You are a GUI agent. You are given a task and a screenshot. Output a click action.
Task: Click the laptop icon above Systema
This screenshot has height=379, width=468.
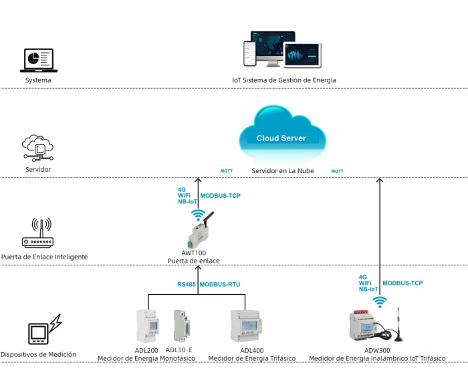pyautogui.click(x=39, y=60)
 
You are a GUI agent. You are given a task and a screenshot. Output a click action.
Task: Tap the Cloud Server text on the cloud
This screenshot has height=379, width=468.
pyautogui.click(x=281, y=138)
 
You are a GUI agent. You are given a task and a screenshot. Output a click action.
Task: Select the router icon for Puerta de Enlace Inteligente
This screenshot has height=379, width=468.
pyautogui.click(x=38, y=233)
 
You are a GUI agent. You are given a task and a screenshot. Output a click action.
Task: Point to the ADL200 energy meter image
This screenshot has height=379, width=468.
pyautogui.click(x=148, y=326)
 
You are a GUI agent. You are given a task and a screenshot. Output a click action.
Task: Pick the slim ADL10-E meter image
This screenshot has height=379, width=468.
pyautogui.click(x=182, y=326)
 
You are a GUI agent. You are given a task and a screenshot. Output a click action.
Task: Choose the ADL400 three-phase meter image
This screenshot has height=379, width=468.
pyautogui.click(x=246, y=326)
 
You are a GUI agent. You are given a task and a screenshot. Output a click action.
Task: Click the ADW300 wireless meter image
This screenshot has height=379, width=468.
pyautogui.click(x=366, y=326)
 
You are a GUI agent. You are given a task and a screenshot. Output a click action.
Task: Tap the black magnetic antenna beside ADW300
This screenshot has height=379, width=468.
pyautogui.click(x=398, y=325)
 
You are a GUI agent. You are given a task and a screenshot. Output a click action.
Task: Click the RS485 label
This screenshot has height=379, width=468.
pyautogui.click(x=187, y=284)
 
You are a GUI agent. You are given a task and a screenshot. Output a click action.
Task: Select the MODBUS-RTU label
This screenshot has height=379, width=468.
pyautogui.click(x=220, y=284)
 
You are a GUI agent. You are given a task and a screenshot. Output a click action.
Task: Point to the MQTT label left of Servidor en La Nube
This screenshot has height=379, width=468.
pyautogui.click(x=227, y=171)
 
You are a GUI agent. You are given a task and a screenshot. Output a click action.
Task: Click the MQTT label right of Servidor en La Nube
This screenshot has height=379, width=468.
pyautogui.click(x=337, y=171)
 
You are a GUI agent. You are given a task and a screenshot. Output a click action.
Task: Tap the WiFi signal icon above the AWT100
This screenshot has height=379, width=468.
pyautogui.click(x=198, y=215)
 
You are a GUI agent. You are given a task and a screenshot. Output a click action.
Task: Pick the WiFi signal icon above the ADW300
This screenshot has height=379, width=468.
pyautogui.click(x=380, y=302)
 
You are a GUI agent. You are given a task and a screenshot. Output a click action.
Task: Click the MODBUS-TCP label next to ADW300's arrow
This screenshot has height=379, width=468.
pyautogui.click(x=402, y=283)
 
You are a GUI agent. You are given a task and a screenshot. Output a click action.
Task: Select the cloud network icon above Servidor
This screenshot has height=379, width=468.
pyautogui.click(x=38, y=148)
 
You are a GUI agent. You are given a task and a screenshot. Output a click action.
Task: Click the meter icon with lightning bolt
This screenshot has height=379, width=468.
pyautogui.click(x=45, y=329)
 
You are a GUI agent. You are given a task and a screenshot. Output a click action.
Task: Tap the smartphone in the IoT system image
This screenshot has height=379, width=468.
pyautogui.click(x=250, y=53)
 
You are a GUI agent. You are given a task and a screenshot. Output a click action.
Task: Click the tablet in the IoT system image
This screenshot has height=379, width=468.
pyautogui.click(x=302, y=55)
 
